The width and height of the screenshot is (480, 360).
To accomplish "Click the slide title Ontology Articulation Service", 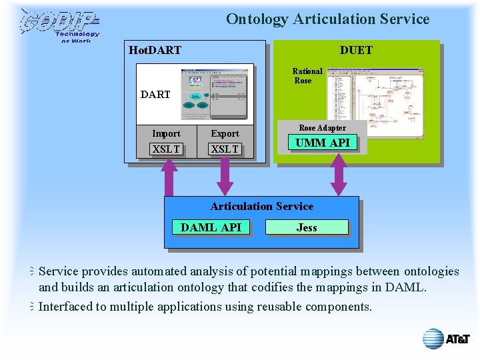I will point(327,19).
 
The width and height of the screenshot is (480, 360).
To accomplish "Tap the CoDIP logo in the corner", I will point(59,25).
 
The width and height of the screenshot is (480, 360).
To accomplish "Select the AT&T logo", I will point(446,339).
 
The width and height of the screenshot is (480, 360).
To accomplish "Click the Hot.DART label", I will point(155,50).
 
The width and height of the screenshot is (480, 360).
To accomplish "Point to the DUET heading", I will point(356,50).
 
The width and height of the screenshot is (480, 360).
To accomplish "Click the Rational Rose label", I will point(307,76).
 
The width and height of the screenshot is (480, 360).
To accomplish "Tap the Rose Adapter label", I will point(322,128).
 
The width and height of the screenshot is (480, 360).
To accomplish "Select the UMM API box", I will point(322,142).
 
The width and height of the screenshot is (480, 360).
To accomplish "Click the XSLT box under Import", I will point(166,149).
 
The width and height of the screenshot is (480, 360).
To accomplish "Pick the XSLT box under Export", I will point(225,149).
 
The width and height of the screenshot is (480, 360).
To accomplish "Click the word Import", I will point(166,133).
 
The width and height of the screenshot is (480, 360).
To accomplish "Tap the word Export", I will point(225,133).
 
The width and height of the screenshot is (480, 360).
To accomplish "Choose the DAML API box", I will point(211,227).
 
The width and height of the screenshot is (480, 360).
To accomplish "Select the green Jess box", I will point(307,227).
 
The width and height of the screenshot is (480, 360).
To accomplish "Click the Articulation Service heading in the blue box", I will point(261,207).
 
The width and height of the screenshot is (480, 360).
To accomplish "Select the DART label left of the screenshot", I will point(155,95).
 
